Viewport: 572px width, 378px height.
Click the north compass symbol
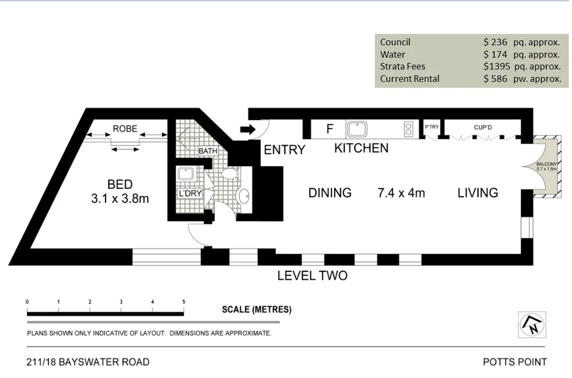coord(532,325)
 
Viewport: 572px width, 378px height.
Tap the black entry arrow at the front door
coord(247,129)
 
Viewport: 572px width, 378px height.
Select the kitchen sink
coord(358,129)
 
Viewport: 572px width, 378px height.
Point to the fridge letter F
coord(330,129)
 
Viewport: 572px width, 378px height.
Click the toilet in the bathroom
coord(230,173)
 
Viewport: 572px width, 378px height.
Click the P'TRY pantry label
coord(431,127)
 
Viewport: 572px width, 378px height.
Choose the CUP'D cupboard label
coord(483,127)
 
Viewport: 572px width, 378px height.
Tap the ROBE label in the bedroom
coord(124,129)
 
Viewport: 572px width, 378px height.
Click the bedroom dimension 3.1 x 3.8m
coord(120,198)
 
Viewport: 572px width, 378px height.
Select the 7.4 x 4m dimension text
coord(401,193)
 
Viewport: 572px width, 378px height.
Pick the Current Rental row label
coord(409,79)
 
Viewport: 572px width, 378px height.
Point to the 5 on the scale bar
coord(184,302)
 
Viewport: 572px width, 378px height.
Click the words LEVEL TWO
coord(312,276)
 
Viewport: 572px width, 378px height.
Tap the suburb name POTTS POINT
coord(514,362)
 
